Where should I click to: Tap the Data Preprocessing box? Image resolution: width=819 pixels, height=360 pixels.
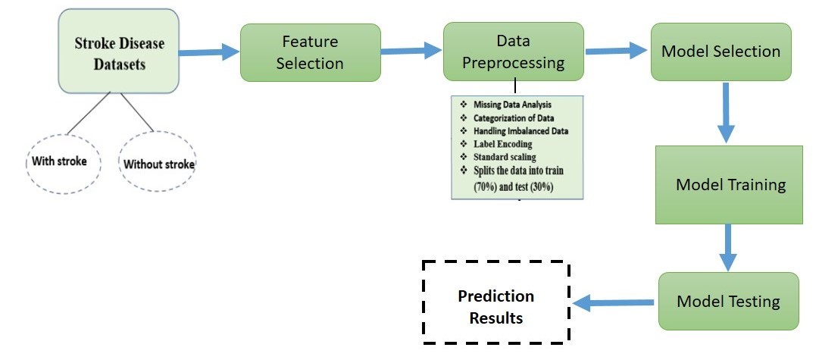click(513, 51)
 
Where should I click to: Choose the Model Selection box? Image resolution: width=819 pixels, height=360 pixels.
click(721, 52)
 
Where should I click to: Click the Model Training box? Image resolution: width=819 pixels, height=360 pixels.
click(730, 185)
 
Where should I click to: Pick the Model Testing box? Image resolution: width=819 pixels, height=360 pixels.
click(728, 301)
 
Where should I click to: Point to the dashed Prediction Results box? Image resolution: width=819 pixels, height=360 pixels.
click(495, 306)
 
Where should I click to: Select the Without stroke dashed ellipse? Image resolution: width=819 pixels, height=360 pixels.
click(158, 164)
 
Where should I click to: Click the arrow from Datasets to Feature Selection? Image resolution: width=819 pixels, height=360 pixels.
click(208, 53)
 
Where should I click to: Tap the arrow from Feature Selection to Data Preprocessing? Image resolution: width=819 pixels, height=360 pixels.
click(411, 52)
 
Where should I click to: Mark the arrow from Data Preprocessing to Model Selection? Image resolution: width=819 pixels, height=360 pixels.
click(617, 51)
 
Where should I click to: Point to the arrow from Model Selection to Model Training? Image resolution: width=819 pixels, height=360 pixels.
click(727, 112)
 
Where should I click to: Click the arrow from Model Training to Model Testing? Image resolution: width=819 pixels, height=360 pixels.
click(728, 247)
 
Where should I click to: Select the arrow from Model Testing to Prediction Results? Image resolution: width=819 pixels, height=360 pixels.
click(614, 303)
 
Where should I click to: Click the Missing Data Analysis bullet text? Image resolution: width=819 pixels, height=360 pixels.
click(512, 105)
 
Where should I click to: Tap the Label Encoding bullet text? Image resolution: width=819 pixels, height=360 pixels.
click(502, 144)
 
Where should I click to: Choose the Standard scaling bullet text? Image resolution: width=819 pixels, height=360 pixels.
click(504, 157)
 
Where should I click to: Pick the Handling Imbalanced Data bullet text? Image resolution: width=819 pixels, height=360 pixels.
click(520, 131)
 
